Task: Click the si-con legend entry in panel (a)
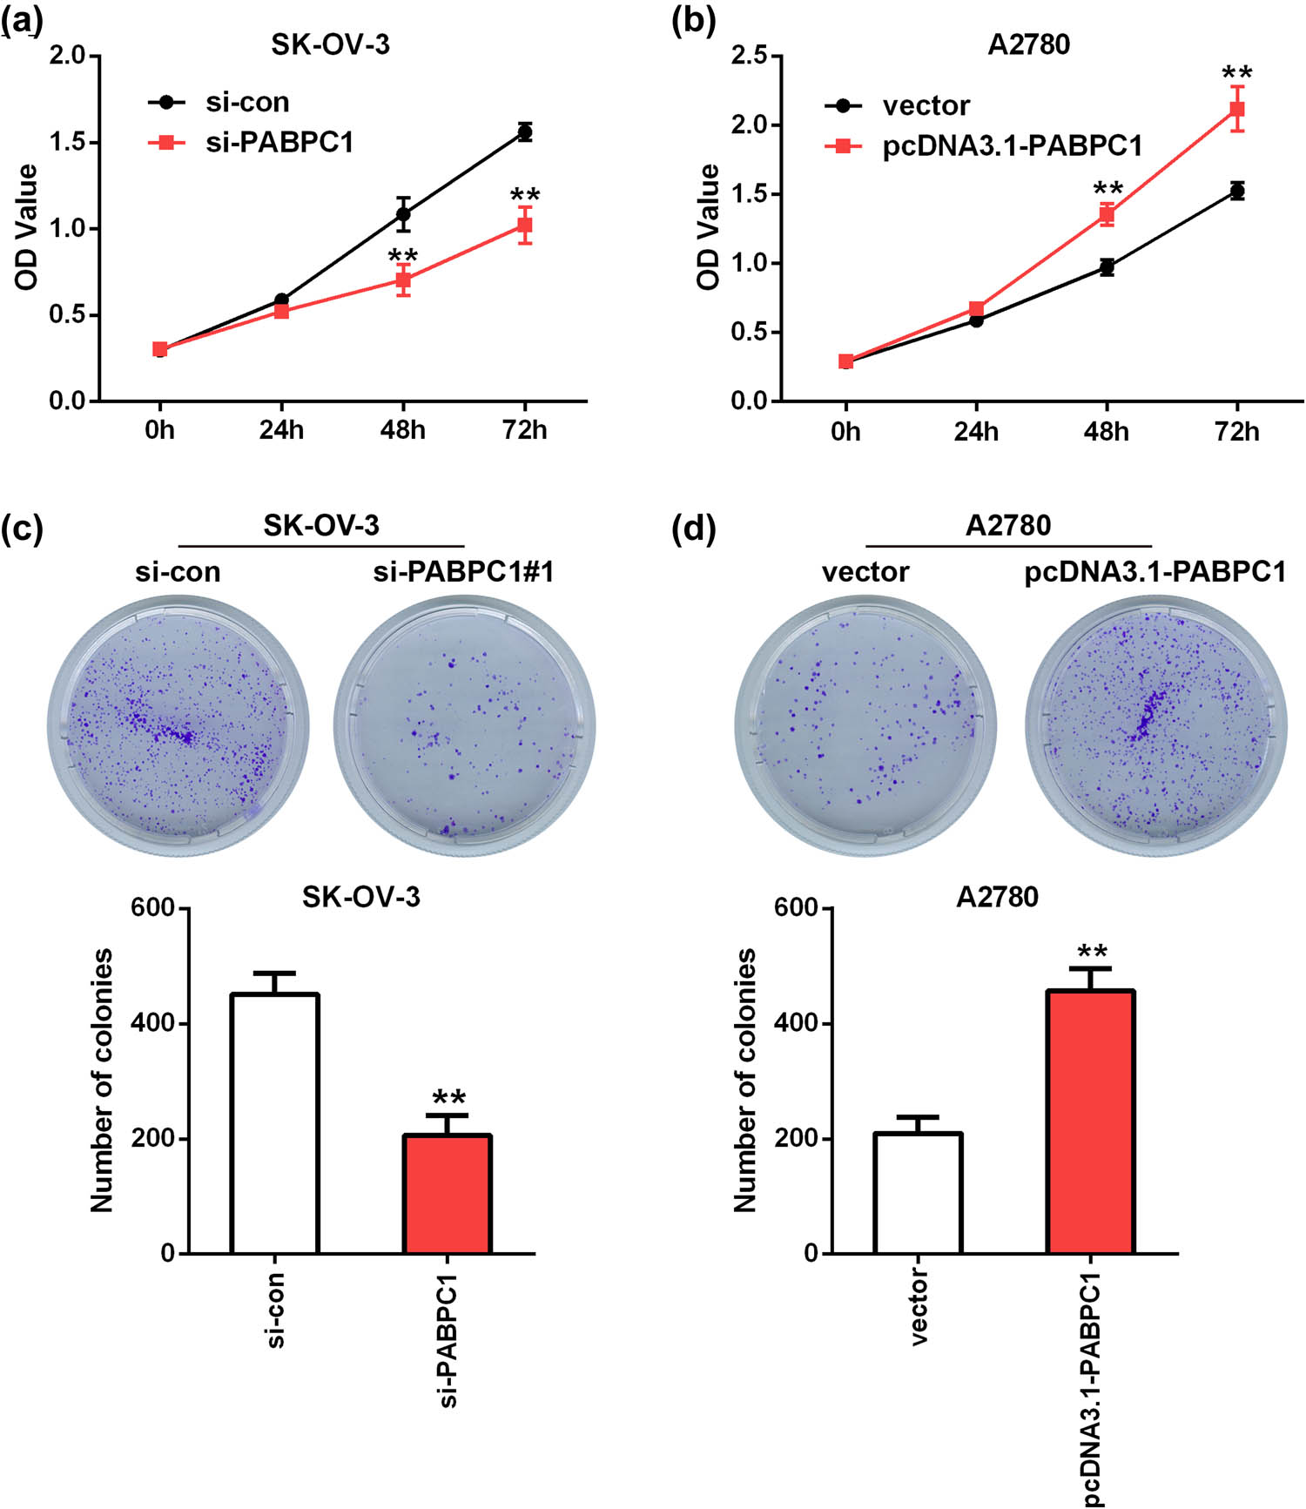coord(246,103)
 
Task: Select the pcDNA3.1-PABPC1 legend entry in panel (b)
coord(1012,146)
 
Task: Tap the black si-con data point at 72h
coord(524,132)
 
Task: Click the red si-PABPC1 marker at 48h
coord(402,280)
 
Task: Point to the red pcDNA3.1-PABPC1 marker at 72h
coord(1236,109)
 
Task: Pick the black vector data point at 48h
coord(1107,267)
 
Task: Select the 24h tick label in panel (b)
coord(976,431)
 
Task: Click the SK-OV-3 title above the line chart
coord(330,45)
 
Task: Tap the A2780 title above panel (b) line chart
coord(1028,44)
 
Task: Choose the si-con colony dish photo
coord(178,725)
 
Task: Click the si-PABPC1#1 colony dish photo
coord(464,725)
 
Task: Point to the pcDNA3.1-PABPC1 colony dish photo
coord(1155,725)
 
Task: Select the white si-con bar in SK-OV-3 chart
coord(274,1123)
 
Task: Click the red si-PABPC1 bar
coord(447,1194)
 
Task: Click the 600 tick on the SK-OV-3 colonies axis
coord(152,908)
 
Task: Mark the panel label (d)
coord(694,528)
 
